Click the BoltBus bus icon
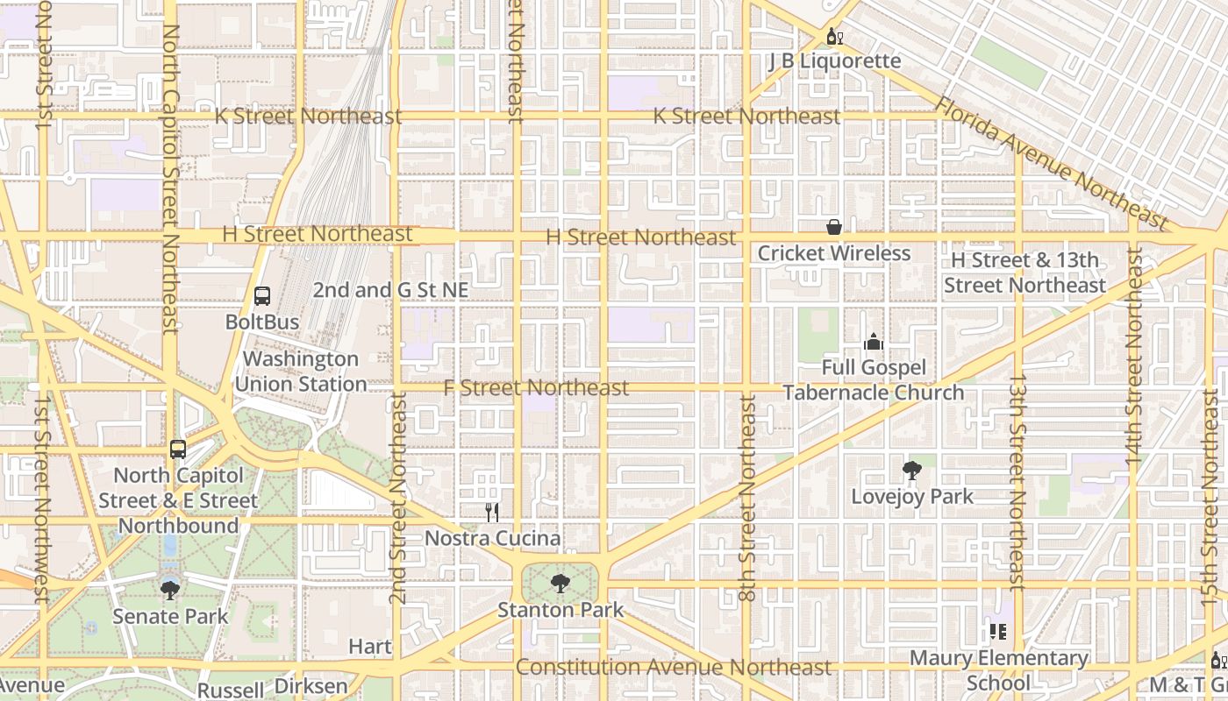[x=262, y=295]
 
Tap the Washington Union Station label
[x=301, y=372]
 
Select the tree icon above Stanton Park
[x=560, y=583]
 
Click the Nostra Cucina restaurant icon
[x=492, y=513]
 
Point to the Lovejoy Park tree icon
[x=912, y=471]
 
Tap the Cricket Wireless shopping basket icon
[x=833, y=228]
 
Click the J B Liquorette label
[x=834, y=60]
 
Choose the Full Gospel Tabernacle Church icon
[x=873, y=342]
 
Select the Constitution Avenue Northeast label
[x=673, y=667]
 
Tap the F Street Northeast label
[x=536, y=387]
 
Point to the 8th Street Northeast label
[x=747, y=497]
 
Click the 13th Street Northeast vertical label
[x=1017, y=482]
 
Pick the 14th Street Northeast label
[x=1133, y=355]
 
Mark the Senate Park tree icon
[x=170, y=590]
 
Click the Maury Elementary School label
[x=998, y=670]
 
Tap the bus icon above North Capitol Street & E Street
[x=178, y=450]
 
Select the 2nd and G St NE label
[x=390, y=289]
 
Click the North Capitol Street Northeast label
[x=171, y=180]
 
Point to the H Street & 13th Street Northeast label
[x=1025, y=273]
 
